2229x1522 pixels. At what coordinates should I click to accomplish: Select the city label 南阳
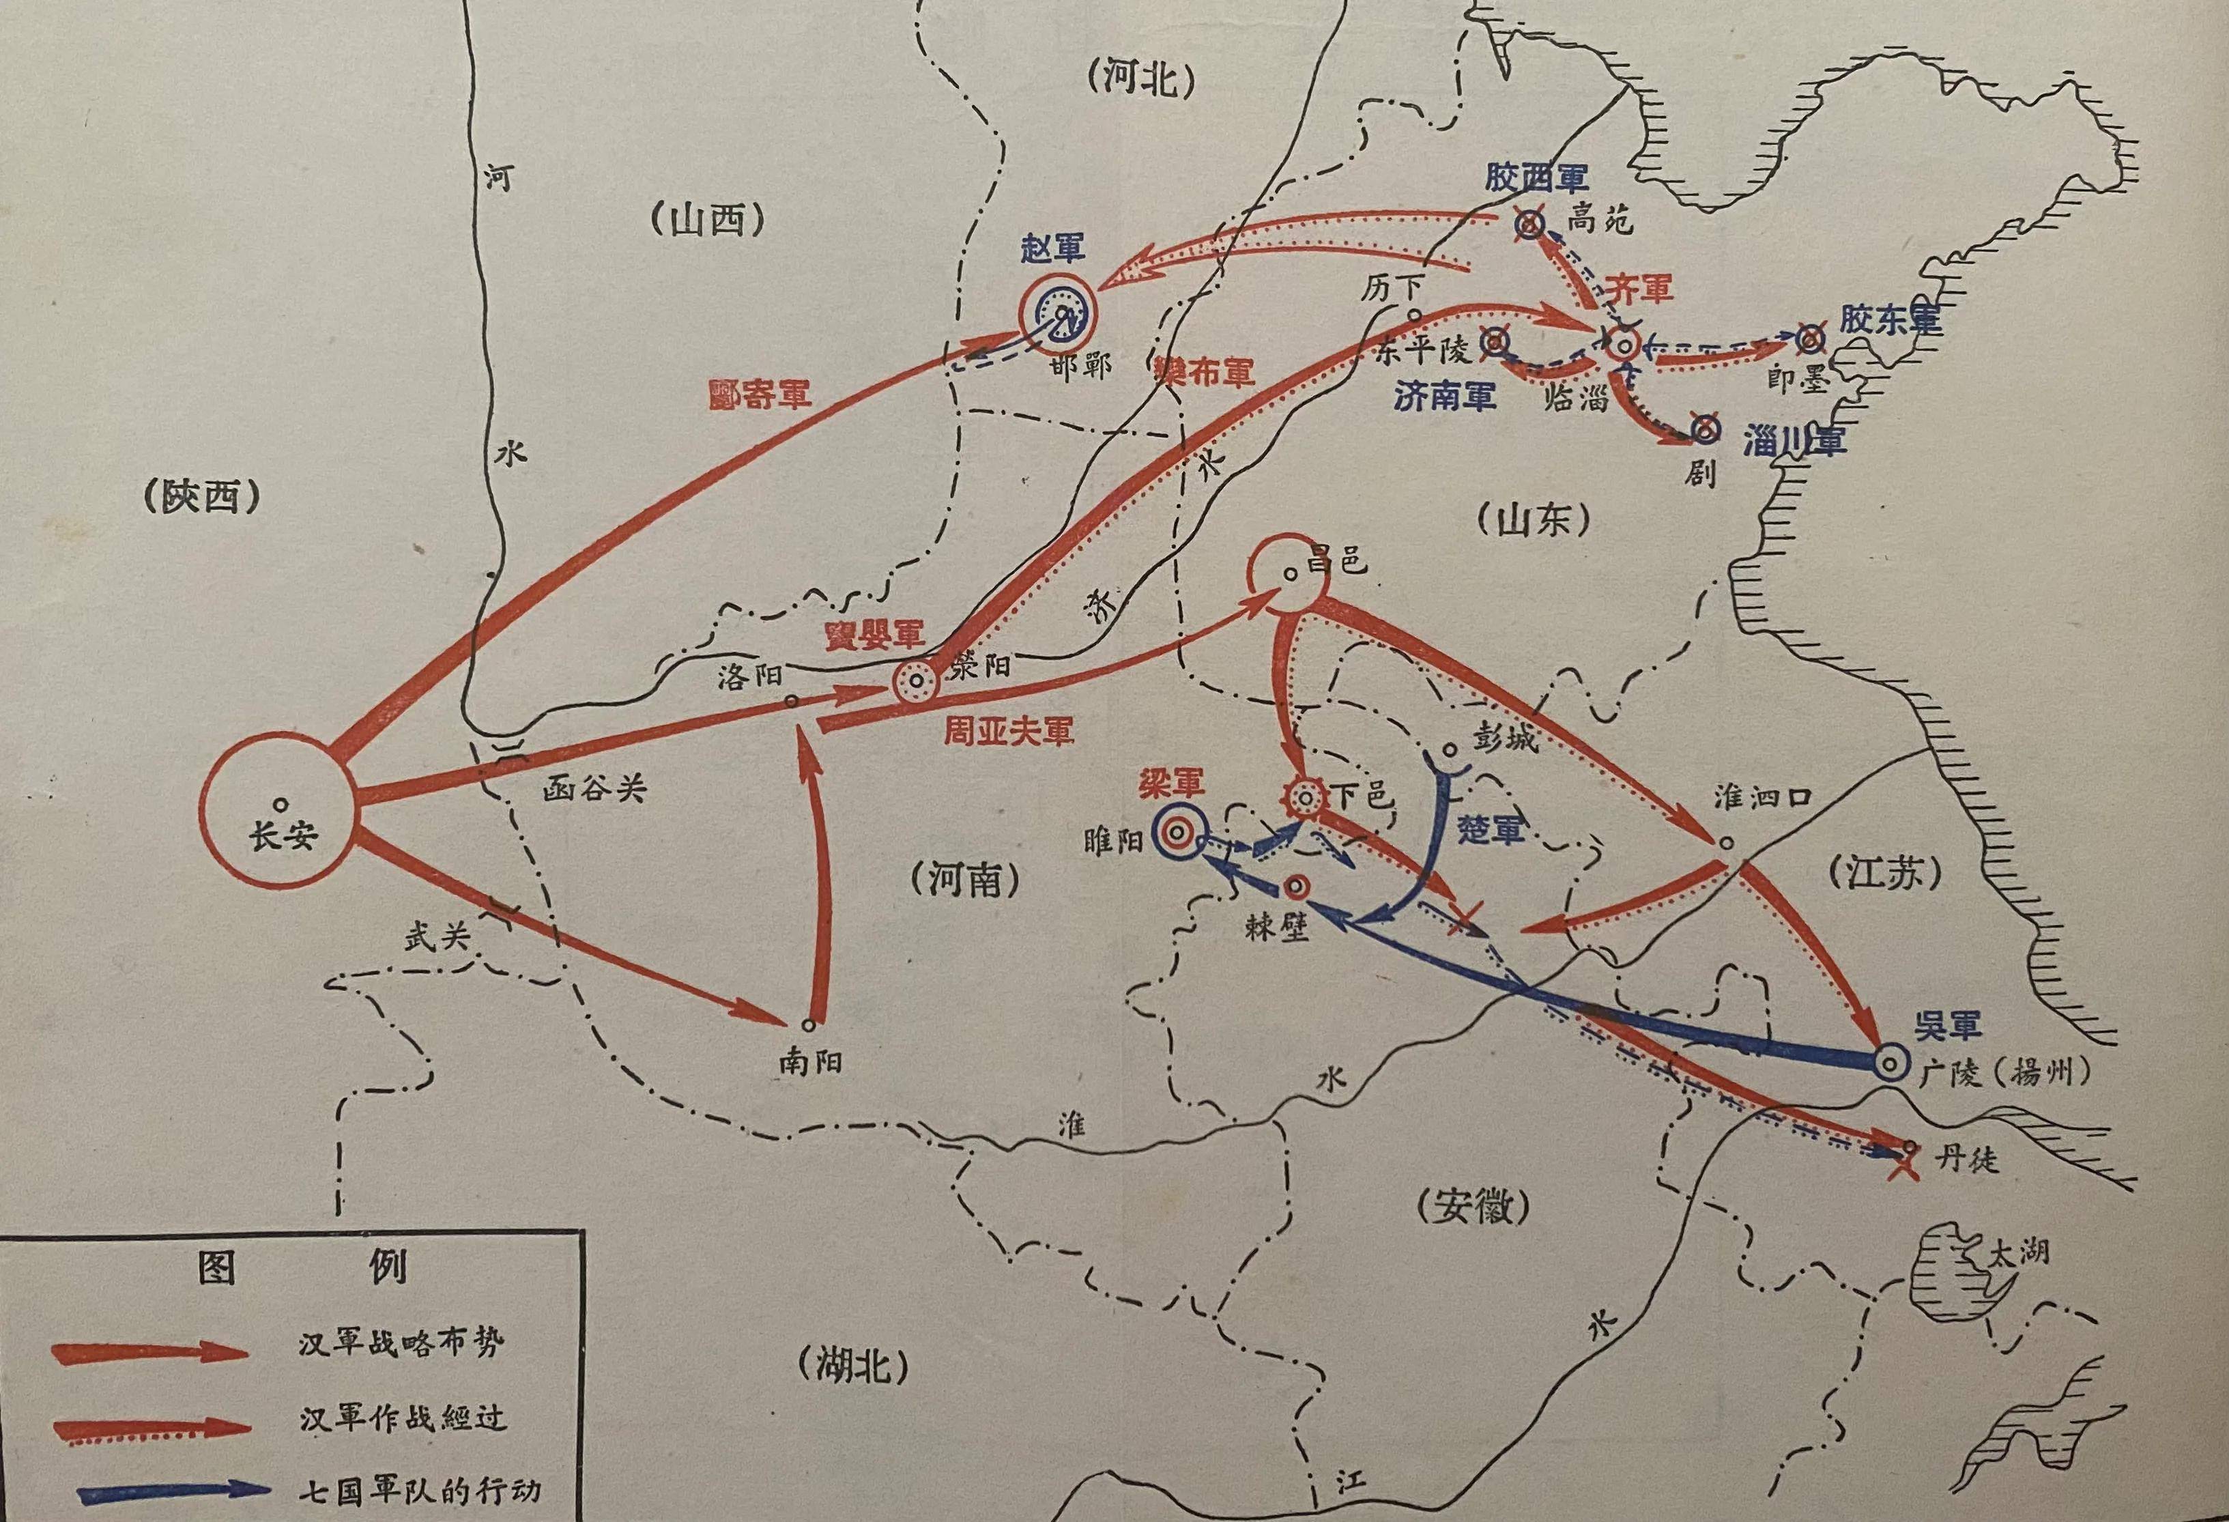811,1063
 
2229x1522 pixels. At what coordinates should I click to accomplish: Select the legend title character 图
217,1268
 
